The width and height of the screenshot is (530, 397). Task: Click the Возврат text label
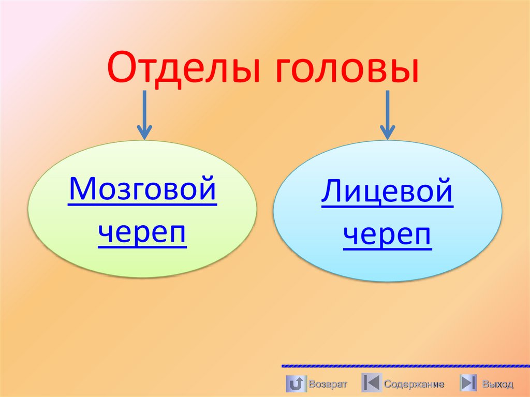point(328,384)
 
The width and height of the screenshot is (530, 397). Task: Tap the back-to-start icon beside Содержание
point(371,384)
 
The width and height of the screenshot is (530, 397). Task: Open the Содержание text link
point(414,384)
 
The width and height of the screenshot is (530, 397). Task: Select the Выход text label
point(497,384)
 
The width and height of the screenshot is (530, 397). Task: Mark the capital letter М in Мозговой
point(81,190)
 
